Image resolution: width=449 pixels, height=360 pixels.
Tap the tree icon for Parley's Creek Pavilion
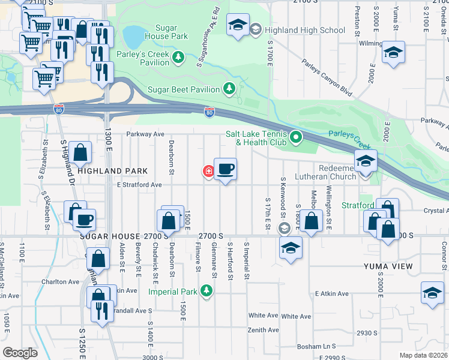click(178, 58)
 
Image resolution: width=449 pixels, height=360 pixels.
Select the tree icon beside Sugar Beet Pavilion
click(229, 89)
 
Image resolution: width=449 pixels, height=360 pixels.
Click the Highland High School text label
click(306, 30)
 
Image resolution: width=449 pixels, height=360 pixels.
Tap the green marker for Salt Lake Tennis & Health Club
click(295, 138)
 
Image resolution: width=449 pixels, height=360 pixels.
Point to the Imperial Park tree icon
click(206, 292)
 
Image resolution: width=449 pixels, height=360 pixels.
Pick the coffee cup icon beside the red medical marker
click(225, 169)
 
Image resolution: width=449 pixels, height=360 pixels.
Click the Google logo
click(20, 352)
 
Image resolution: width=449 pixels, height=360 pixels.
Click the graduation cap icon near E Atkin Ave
click(432, 293)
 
